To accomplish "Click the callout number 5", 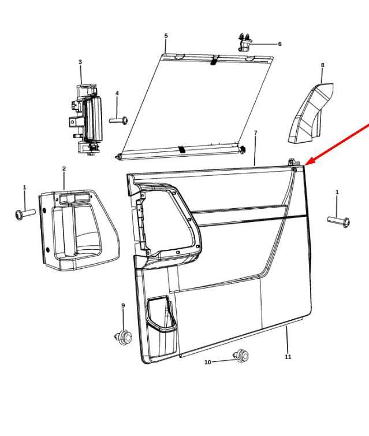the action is [166, 36].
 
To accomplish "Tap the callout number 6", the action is [279, 44].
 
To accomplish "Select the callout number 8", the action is [322, 65].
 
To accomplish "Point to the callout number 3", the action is [80, 62].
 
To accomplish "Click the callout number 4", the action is [117, 93].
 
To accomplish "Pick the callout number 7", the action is [256, 132].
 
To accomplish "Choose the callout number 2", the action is [64, 168].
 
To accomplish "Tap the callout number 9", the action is [123, 305].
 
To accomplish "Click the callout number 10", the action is [208, 362].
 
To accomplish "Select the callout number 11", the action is [288, 356].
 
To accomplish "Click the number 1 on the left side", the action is [24, 187].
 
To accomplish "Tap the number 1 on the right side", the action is [337, 192].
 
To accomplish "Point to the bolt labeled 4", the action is [118, 121].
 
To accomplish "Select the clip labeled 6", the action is [245, 42].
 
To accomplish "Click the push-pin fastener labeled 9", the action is [124, 337].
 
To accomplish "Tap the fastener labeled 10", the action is [241, 356].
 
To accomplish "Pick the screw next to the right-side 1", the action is [339, 221].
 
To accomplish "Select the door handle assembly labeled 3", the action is [85, 120].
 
